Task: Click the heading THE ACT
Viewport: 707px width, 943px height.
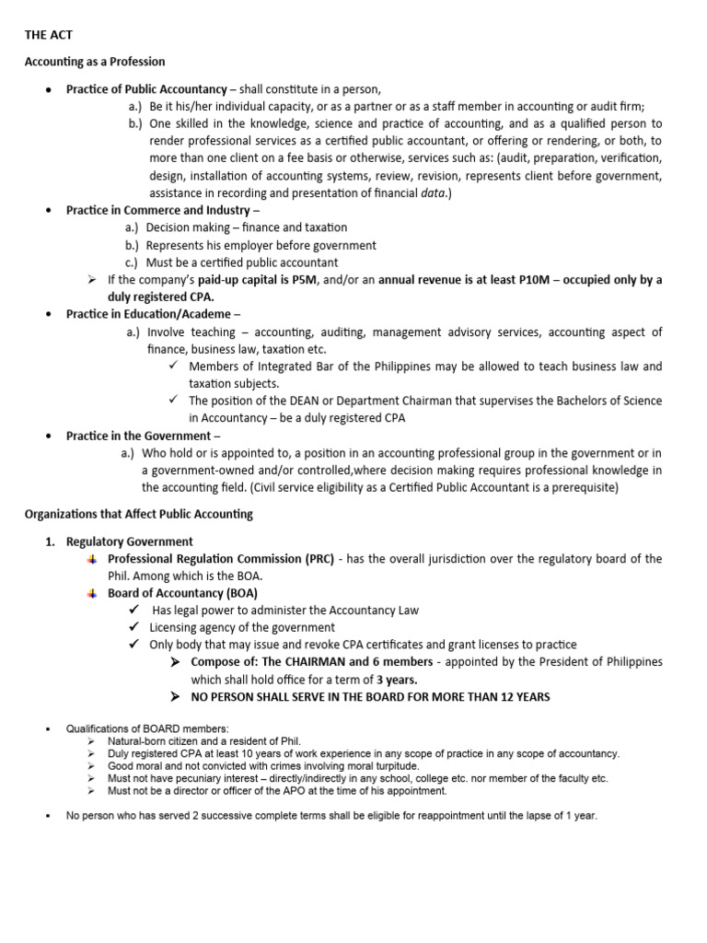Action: tap(49, 35)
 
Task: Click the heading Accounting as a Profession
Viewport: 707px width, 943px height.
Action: tap(95, 62)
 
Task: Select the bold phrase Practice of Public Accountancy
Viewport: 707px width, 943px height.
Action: tap(146, 88)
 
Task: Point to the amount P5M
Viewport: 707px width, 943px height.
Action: tap(301, 280)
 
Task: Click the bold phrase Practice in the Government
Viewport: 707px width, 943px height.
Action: tap(139, 436)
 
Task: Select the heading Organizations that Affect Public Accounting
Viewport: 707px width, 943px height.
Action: tap(138, 514)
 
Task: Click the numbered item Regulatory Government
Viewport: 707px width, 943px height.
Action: tap(130, 541)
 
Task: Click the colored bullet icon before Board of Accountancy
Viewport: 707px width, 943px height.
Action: tap(91, 593)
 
